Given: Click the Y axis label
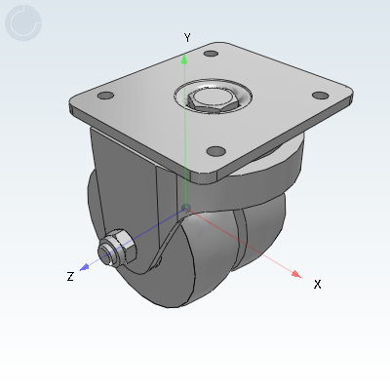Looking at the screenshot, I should coord(186,37).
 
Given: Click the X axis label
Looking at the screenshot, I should coord(317,284).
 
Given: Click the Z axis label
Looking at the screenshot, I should coord(70,277).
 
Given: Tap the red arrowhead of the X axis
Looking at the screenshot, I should coord(295,275).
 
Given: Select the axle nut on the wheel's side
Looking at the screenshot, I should coord(116,250).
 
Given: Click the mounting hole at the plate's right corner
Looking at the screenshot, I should coord(319,95).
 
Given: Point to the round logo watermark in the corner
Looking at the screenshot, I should coord(23,23).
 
